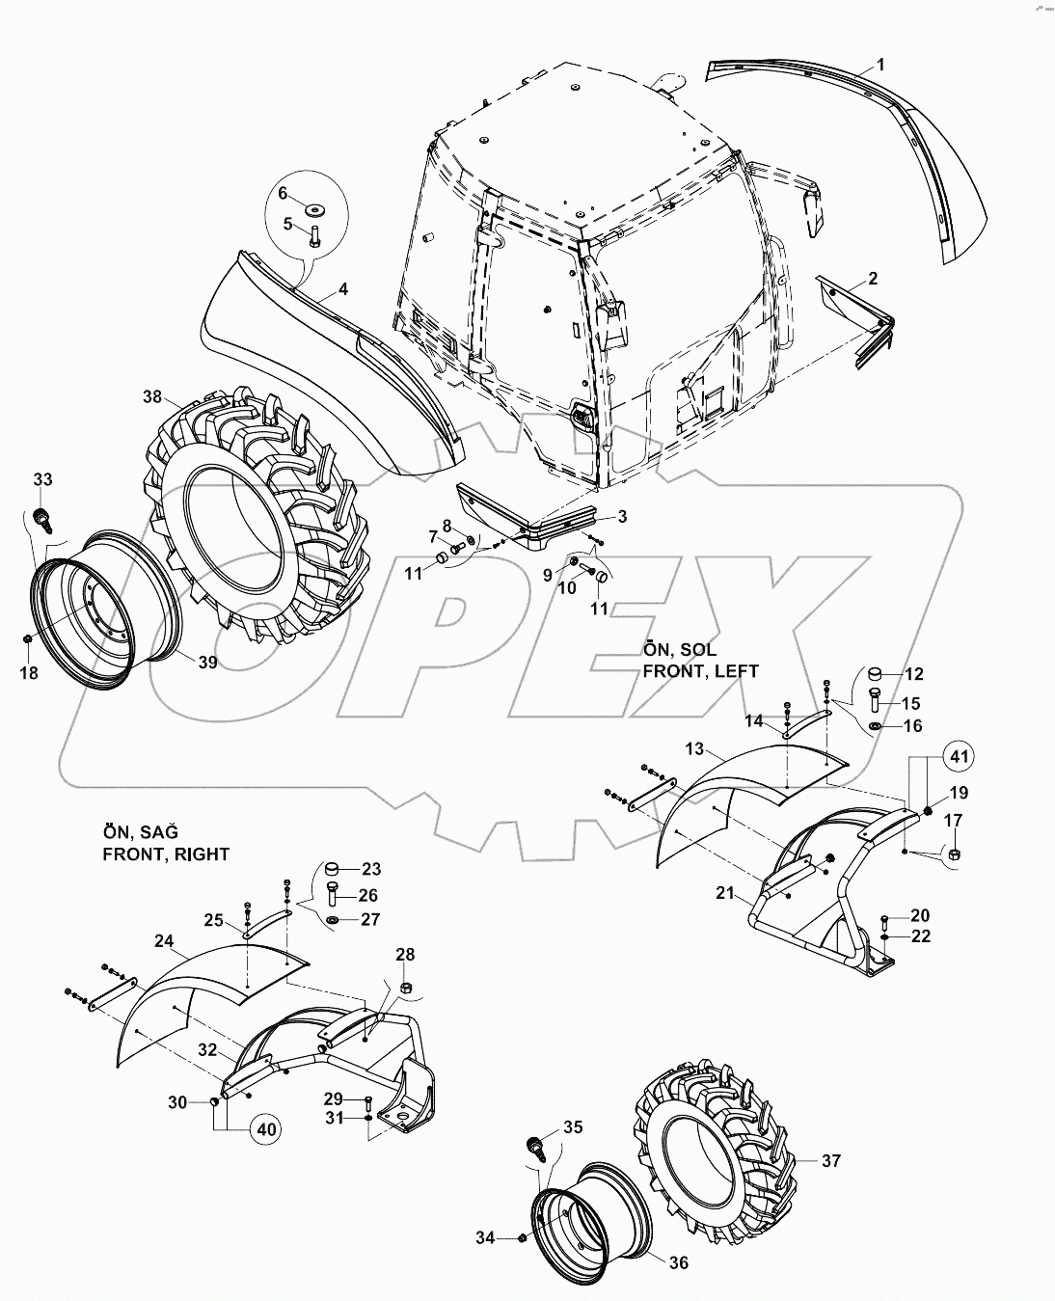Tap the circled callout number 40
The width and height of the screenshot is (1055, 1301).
270,1127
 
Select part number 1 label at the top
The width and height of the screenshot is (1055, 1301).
879,66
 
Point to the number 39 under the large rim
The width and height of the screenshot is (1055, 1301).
208,663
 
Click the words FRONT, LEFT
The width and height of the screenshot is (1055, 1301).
700,670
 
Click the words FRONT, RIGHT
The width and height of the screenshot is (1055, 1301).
166,854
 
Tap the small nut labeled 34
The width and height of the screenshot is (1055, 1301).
521,1237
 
